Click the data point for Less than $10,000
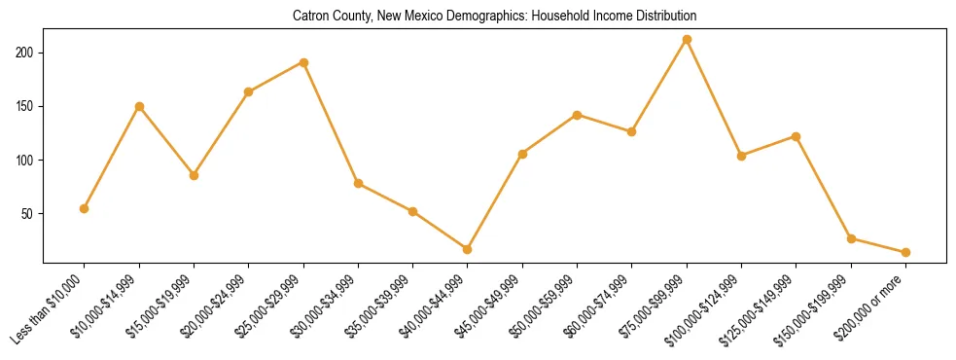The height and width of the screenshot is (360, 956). pyautogui.click(x=85, y=208)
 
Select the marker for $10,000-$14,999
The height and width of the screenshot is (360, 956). pyautogui.click(x=139, y=106)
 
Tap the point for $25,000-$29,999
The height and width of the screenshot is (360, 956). pyautogui.click(x=303, y=62)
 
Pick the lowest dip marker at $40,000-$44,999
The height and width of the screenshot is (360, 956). pyautogui.click(x=468, y=249)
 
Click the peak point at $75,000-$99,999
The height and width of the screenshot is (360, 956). pyautogui.click(x=687, y=39)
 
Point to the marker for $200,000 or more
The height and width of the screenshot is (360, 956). pyautogui.click(x=905, y=252)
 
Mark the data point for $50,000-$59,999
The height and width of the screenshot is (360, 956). pyautogui.click(x=578, y=115)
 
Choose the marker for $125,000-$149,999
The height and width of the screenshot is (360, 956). pyautogui.click(x=797, y=136)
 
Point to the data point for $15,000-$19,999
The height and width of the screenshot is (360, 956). pyautogui.click(x=194, y=175)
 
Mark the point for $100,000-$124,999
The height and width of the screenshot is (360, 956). pyautogui.click(x=741, y=156)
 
